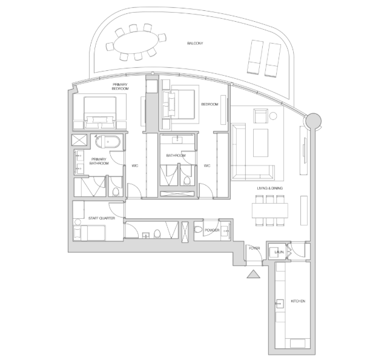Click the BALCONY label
point(195,43)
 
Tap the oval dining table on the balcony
point(136,42)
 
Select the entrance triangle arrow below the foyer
point(254,274)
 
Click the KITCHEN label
point(298,301)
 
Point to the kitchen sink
point(280,304)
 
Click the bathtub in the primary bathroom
point(108,141)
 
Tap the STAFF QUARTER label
point(102,218)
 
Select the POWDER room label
point(212,230)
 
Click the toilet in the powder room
point(198,229)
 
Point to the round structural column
point(313,121)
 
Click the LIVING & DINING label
point(269,188)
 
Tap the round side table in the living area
point(273,116)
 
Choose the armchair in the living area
point(260,116)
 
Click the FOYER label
point(254,248)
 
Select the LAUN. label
point(279,252)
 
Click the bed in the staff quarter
point(90,233)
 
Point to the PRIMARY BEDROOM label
point(120,87)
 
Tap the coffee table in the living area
point(260,142)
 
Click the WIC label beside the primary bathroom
point(135,166)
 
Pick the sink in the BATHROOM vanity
point(177,140)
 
